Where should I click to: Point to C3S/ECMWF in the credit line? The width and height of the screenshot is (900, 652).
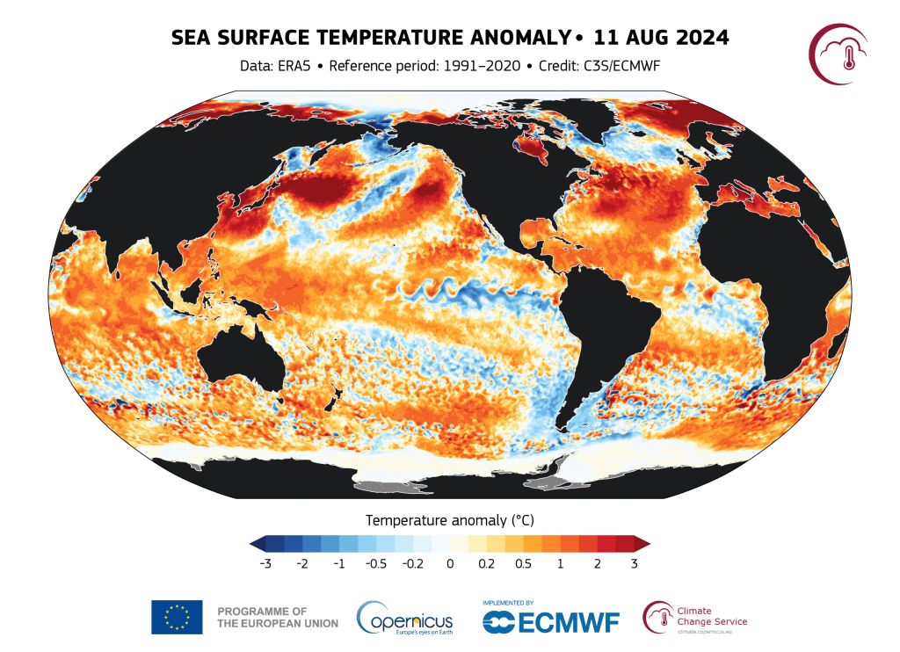[x=622, y=66]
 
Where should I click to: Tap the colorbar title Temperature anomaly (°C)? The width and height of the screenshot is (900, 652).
[x=449, y=518]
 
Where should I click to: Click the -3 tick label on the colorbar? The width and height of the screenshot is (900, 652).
[x=265, y=563]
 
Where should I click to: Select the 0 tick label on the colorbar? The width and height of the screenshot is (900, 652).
[x=449, y=563]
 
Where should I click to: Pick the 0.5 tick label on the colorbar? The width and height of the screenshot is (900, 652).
[x=523, y=563]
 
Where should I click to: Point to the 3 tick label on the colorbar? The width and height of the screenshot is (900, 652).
[x=634, y=563]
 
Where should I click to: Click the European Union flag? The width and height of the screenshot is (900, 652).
[x=177, y=616]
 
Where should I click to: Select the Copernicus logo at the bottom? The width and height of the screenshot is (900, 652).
[x=405, y=617]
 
